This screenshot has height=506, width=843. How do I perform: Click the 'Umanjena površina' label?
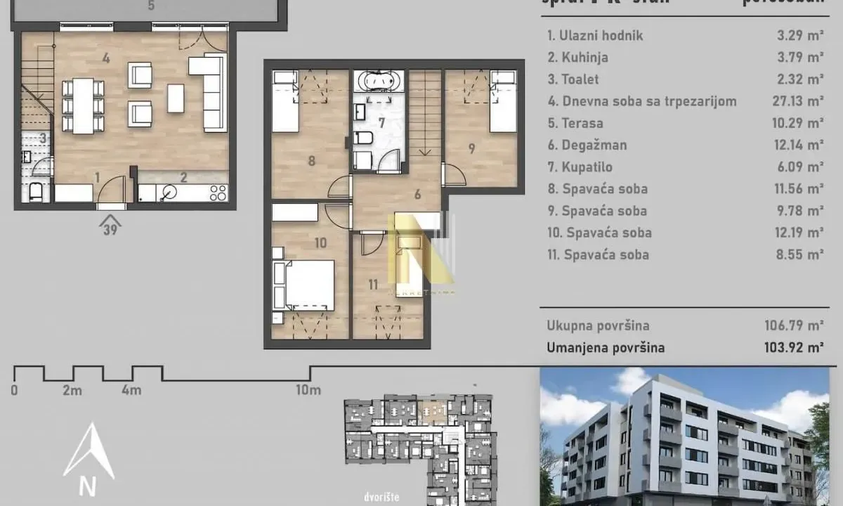tap(606, 347)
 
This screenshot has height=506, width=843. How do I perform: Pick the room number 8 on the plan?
tap(311, 160)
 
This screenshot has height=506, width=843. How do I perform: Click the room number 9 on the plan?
tap(471, 148)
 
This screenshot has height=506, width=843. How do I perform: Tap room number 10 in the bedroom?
tap(321, 243)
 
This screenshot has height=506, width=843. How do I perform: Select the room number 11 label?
tap(372, 285)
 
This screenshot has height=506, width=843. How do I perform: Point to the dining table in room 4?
tap(84, 106)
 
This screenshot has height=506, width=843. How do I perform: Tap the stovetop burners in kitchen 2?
tap(218, 192)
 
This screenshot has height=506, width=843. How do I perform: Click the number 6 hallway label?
tap(417, 195)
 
